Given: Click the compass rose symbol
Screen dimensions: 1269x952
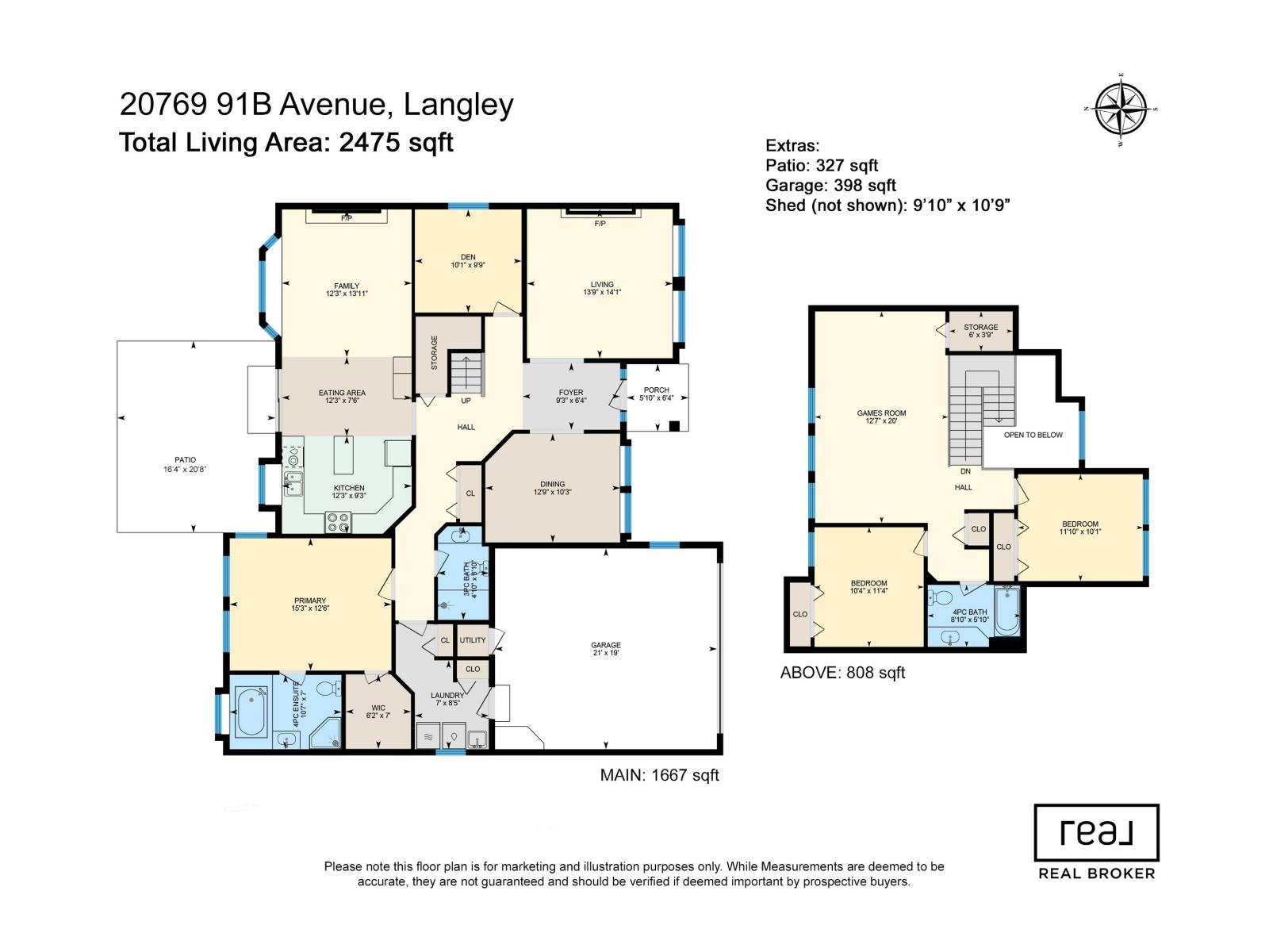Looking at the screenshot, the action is click(x=1120, y=109).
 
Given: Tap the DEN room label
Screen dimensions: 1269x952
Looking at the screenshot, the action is click(x=468, y=257).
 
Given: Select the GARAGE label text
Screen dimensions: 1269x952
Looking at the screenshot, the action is click(x=605, y=645).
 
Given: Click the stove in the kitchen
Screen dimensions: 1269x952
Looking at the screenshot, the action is click(x=338, y=523).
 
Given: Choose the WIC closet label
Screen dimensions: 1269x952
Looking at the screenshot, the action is click(x=378, y=708).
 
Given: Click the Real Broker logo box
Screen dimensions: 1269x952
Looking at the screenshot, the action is click(x=1096, y=832).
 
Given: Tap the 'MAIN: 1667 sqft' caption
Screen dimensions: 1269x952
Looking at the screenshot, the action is click(x=659, y=775).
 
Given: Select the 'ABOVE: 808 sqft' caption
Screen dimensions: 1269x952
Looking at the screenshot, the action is click(x=842, y=673).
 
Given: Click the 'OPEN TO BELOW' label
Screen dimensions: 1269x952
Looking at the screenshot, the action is click(x=1033, y=435).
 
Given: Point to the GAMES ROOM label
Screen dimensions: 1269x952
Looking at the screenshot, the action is click(x=881, y=413).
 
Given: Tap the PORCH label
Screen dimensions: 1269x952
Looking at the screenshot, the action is click(x=656, y=390).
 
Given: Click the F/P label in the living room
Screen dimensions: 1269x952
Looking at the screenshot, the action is click(x=600, y=224).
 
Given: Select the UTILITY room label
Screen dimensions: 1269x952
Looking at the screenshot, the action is click(x=473, y=640).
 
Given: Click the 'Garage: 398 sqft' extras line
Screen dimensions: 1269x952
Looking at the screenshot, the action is click(x=830, y=185).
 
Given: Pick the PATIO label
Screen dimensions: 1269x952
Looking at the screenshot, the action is click(x=185, y=460).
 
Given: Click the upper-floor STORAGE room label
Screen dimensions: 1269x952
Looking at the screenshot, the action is click(x=980, y=327).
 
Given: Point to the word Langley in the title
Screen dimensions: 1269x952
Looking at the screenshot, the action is click(x=458, y=106).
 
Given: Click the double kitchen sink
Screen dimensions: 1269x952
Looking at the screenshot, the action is click(x=293, y=483).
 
